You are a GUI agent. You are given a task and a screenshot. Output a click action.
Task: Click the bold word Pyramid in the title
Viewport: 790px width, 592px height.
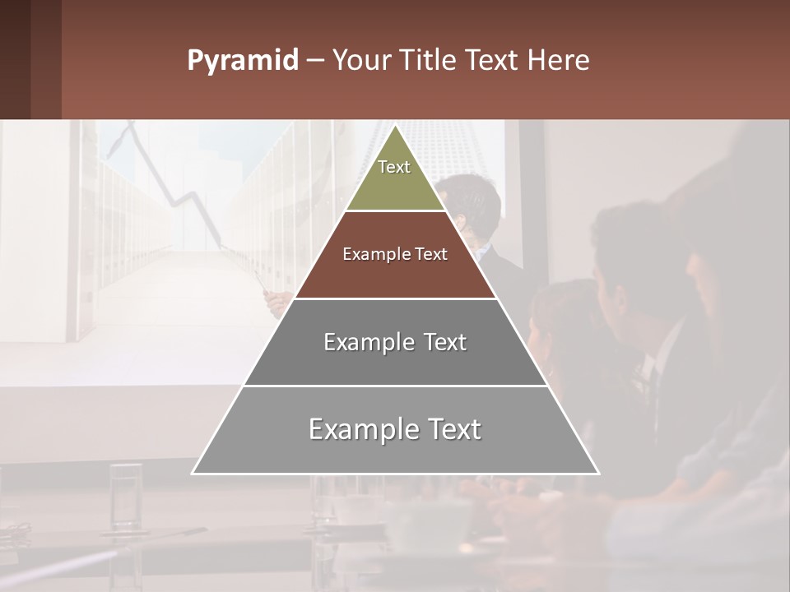click(242, 61)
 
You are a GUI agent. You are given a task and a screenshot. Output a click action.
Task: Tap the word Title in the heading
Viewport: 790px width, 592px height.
click(429, 61)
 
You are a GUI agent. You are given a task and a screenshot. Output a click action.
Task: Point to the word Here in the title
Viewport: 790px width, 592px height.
click(559, 61)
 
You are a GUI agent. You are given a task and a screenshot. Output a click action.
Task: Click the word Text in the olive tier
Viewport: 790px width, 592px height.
click(394, 167)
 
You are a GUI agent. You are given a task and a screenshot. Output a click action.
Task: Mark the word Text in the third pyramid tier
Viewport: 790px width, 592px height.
click(445, 342)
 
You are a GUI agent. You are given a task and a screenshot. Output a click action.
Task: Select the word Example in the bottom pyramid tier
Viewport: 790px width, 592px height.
click(360, 429)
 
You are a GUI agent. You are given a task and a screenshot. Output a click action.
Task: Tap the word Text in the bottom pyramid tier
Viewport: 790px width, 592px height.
click(453, 429)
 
